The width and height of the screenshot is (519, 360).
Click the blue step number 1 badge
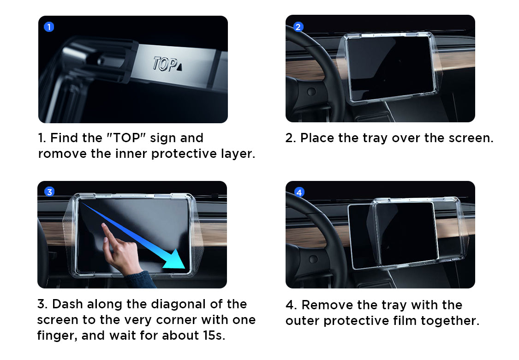click(49, 27)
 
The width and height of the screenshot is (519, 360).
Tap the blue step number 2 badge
click(298, 27)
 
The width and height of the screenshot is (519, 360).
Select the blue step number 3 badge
click(49, 192)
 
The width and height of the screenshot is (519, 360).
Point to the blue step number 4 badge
click(299, 192)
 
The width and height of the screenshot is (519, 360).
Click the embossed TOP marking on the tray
click(165, 64)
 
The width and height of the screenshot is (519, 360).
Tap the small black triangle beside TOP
click(179, 67)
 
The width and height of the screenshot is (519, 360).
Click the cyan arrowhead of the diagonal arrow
click(175, 260)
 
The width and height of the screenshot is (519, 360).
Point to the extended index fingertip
click(104, 226)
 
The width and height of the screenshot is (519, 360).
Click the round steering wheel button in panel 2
click(311, 91)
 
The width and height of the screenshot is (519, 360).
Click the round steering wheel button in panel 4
click(313, 259)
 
